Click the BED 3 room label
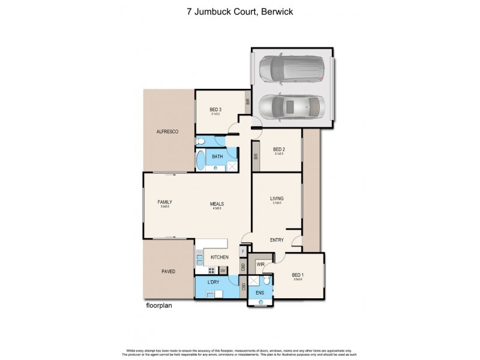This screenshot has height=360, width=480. (215, 109)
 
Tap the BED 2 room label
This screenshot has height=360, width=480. (279, 149)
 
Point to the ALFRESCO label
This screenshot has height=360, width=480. (168, 131)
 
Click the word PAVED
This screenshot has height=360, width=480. (168, 272)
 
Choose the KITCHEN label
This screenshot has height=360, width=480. (219, 257)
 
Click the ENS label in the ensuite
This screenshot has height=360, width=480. (259, 293)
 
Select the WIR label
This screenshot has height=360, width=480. (261, 264)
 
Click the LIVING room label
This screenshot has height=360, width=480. (277, 198)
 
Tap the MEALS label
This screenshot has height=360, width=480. (217, 203)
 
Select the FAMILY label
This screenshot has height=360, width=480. (165, 202)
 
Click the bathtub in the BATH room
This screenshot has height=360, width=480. (200, 161)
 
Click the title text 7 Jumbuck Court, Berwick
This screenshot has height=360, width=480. (240, 11)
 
